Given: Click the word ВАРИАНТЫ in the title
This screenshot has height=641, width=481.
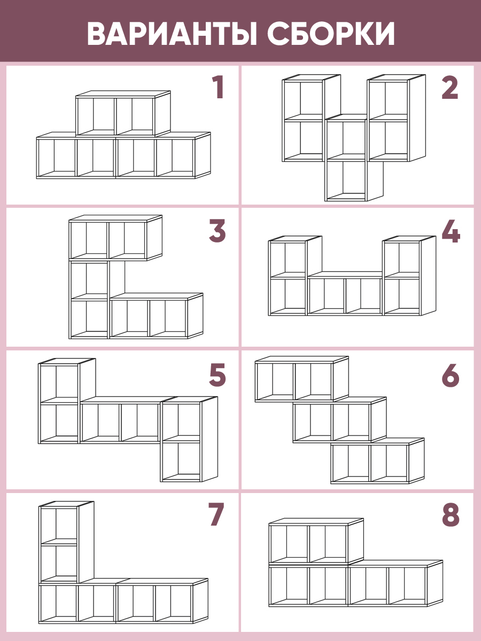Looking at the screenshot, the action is (x=172, y=33).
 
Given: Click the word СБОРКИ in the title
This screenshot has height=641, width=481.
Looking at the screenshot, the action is (x=331, y=33).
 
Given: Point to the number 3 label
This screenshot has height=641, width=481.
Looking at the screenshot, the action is (x=218, y=231).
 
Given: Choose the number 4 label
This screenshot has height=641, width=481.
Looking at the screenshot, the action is (x=451, y=231).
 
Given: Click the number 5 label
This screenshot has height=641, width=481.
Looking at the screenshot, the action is (x=218, y=374).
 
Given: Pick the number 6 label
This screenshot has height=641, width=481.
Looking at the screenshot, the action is (x=451, y=374).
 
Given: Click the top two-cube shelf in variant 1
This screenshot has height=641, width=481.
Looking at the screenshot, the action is (x=123, y=114).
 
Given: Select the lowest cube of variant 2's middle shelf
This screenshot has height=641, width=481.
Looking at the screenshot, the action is (x=354, y=181).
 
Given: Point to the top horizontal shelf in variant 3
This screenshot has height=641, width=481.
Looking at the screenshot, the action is (x=115, y=237).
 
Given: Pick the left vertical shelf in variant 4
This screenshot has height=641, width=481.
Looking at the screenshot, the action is (x=295, y=276).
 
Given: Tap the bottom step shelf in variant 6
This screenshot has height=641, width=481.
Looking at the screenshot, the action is (x=377, y=460).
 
